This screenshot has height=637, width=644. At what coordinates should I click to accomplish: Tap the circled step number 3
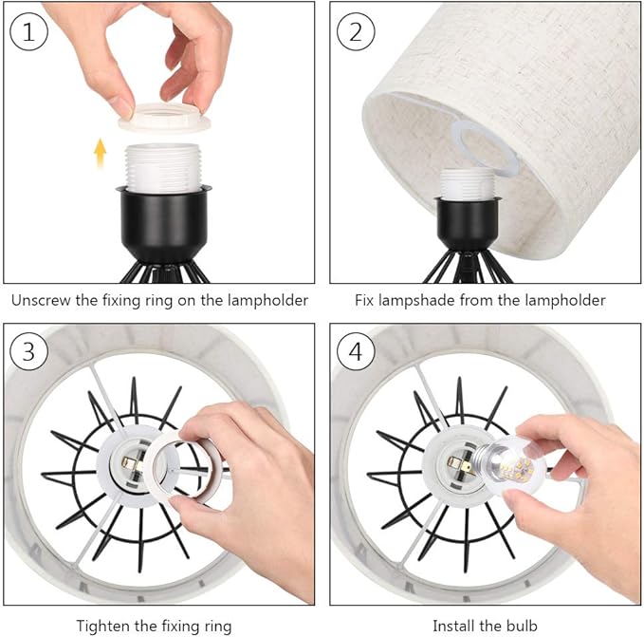click(x=28, y=352)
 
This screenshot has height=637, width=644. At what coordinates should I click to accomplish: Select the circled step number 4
click(x=356, y=352)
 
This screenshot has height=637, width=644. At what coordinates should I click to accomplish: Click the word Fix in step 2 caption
click(x=367, y=300)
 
